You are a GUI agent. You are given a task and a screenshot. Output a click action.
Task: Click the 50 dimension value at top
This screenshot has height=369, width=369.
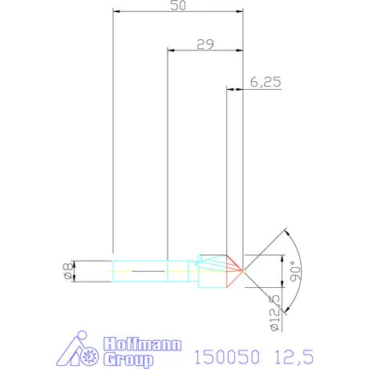[177, 6]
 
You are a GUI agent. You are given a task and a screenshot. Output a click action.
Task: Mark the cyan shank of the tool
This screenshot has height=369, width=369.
[140, 271]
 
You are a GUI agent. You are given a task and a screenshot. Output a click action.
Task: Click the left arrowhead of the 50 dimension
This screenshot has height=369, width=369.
[116, 13]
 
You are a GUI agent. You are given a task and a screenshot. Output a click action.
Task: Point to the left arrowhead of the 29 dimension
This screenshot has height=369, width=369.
[170, 51]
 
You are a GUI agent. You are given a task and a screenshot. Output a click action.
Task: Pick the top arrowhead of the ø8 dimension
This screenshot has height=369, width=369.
[75, 263]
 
